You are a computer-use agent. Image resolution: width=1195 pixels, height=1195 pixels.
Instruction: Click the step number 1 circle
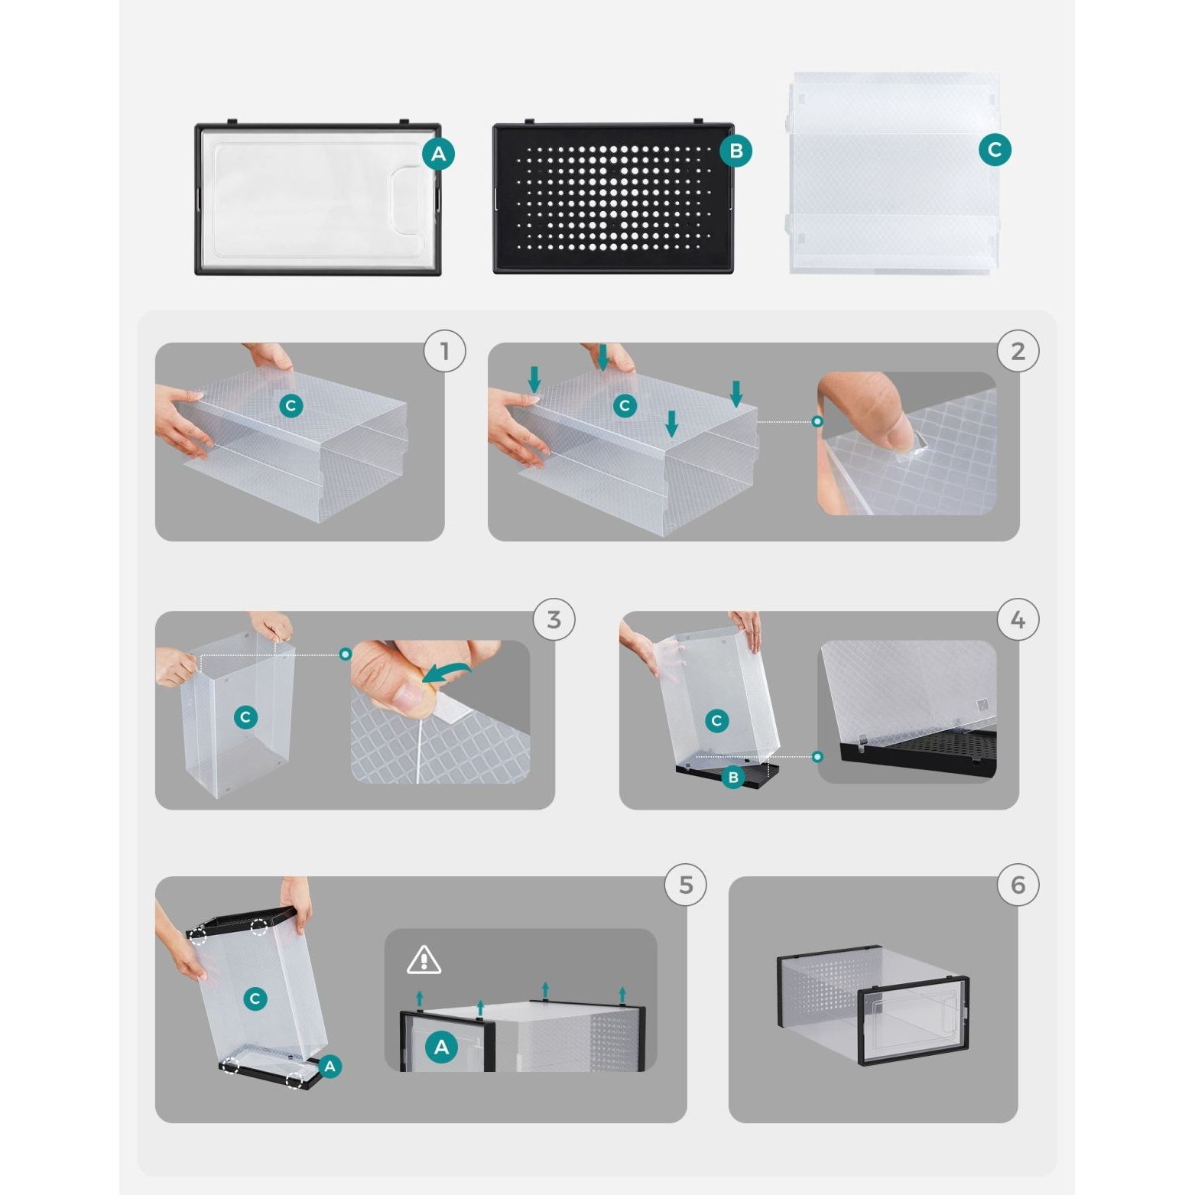click(x=445, y=351)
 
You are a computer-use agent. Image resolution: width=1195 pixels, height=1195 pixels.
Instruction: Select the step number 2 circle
click(x=1018, y=351)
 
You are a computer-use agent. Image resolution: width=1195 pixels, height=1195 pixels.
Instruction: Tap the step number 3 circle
click(x=554, y=619)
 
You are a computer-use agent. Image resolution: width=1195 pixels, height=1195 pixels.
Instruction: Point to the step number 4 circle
click(x=1018, y=619)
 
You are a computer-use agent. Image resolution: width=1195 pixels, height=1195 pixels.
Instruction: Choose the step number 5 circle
click(x=685, y=885)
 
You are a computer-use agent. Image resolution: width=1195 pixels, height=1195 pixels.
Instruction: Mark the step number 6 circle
click(x=1018, y=885)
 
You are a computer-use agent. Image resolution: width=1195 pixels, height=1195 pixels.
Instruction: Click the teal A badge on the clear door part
click(x=438, y=154)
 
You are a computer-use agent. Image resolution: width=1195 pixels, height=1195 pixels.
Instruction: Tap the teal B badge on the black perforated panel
click(x=736, y=151)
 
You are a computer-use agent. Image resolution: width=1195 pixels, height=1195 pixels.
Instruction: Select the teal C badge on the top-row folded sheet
click(x=995, y=149)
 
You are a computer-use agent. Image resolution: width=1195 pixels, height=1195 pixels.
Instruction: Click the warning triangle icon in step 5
click(x=424, y=960)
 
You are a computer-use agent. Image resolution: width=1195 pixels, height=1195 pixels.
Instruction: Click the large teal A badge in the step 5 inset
click(x=441, y=1047)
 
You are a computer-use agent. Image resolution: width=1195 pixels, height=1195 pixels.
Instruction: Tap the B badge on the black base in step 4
click(x=732, y=777)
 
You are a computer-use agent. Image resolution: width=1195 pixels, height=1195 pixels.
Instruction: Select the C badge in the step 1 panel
click(x=291, y=405)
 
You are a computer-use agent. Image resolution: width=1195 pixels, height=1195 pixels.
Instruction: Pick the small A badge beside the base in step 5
click(x=330, y=1066)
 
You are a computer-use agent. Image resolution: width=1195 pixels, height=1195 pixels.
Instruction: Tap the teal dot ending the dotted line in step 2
click(x=817, y=421)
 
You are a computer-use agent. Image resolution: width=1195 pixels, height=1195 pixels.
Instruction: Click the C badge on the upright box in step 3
click(x=245, y=716)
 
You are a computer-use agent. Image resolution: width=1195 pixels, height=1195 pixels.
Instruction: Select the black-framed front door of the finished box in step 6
click(x=914, y=1021)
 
